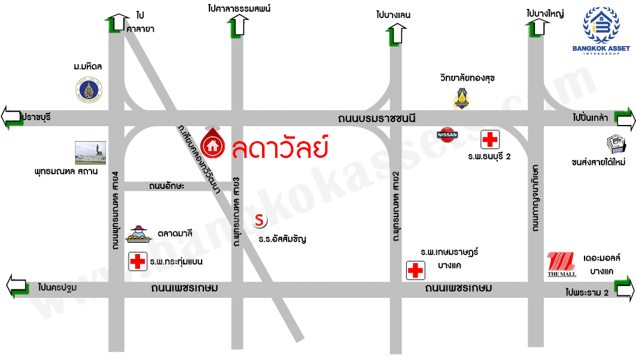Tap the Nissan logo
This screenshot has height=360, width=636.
tap(448, 135)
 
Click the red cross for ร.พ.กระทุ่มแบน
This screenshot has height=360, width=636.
tap(138, 261)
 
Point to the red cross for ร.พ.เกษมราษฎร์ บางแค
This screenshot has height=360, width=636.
tap(415, 270)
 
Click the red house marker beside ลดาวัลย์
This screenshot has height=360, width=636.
tap(212, 144)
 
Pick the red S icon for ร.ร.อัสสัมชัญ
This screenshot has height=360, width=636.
tap(260, 221)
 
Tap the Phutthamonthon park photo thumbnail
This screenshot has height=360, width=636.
tap(90, 153)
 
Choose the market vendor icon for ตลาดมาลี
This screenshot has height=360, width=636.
tap(139, 234)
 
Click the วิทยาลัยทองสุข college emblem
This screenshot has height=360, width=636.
tap(461, 99)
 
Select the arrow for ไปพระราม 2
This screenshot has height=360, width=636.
tap(623, 290)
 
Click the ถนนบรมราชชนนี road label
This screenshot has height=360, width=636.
tap(375, 118)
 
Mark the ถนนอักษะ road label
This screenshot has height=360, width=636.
tap(167, 187)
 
